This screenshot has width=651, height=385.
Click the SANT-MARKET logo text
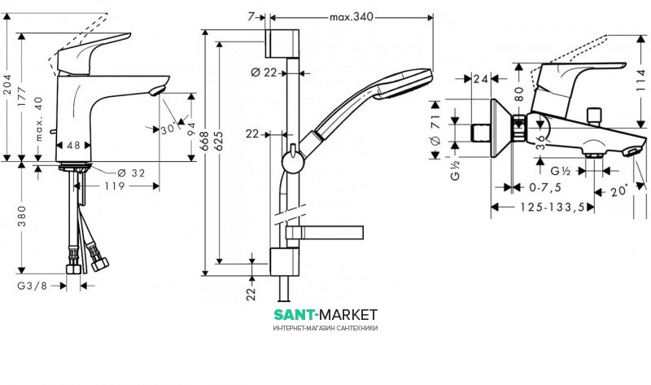click(x=325, y=314)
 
